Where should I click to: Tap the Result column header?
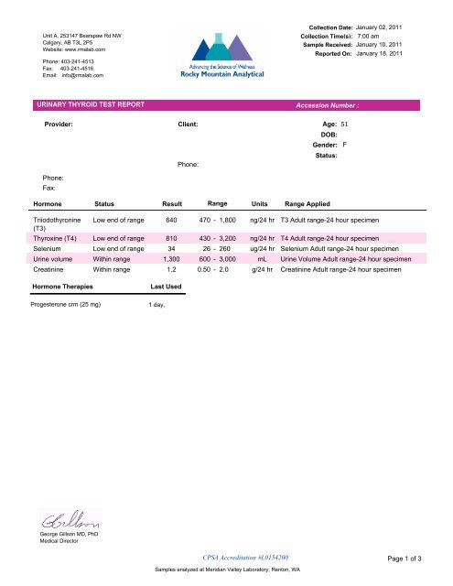tap(173, 203)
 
